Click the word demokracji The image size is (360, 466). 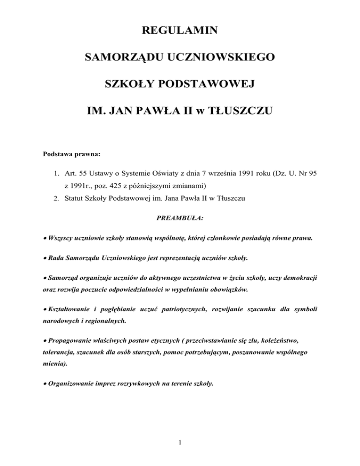coord(297,277)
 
